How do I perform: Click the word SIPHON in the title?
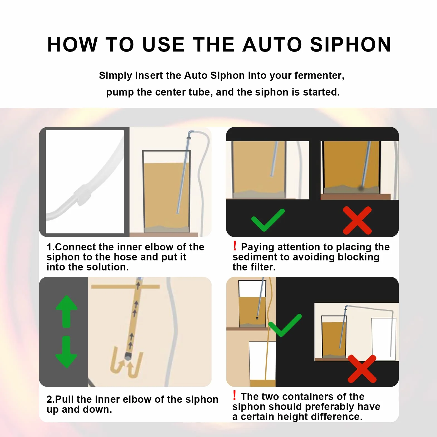[x=351, y=44]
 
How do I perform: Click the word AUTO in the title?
[x=272, y=44]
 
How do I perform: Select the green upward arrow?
[x=67, y=311]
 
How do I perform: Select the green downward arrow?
[x=66, y=352]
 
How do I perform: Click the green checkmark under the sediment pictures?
[x=268, y=220]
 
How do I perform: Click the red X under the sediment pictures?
[x=357, y=220]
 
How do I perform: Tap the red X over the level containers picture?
[x=362, y=369]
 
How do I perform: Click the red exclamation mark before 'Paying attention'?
[x=235, y=246]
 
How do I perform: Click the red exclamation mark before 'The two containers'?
[x=235, y=395]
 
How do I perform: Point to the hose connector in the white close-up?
[x=82, y=195]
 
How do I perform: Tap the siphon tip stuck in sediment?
[x=361, y=188]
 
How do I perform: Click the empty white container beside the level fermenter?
[x=384, y=339]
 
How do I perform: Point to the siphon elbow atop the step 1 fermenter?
[x=190, y=134]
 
